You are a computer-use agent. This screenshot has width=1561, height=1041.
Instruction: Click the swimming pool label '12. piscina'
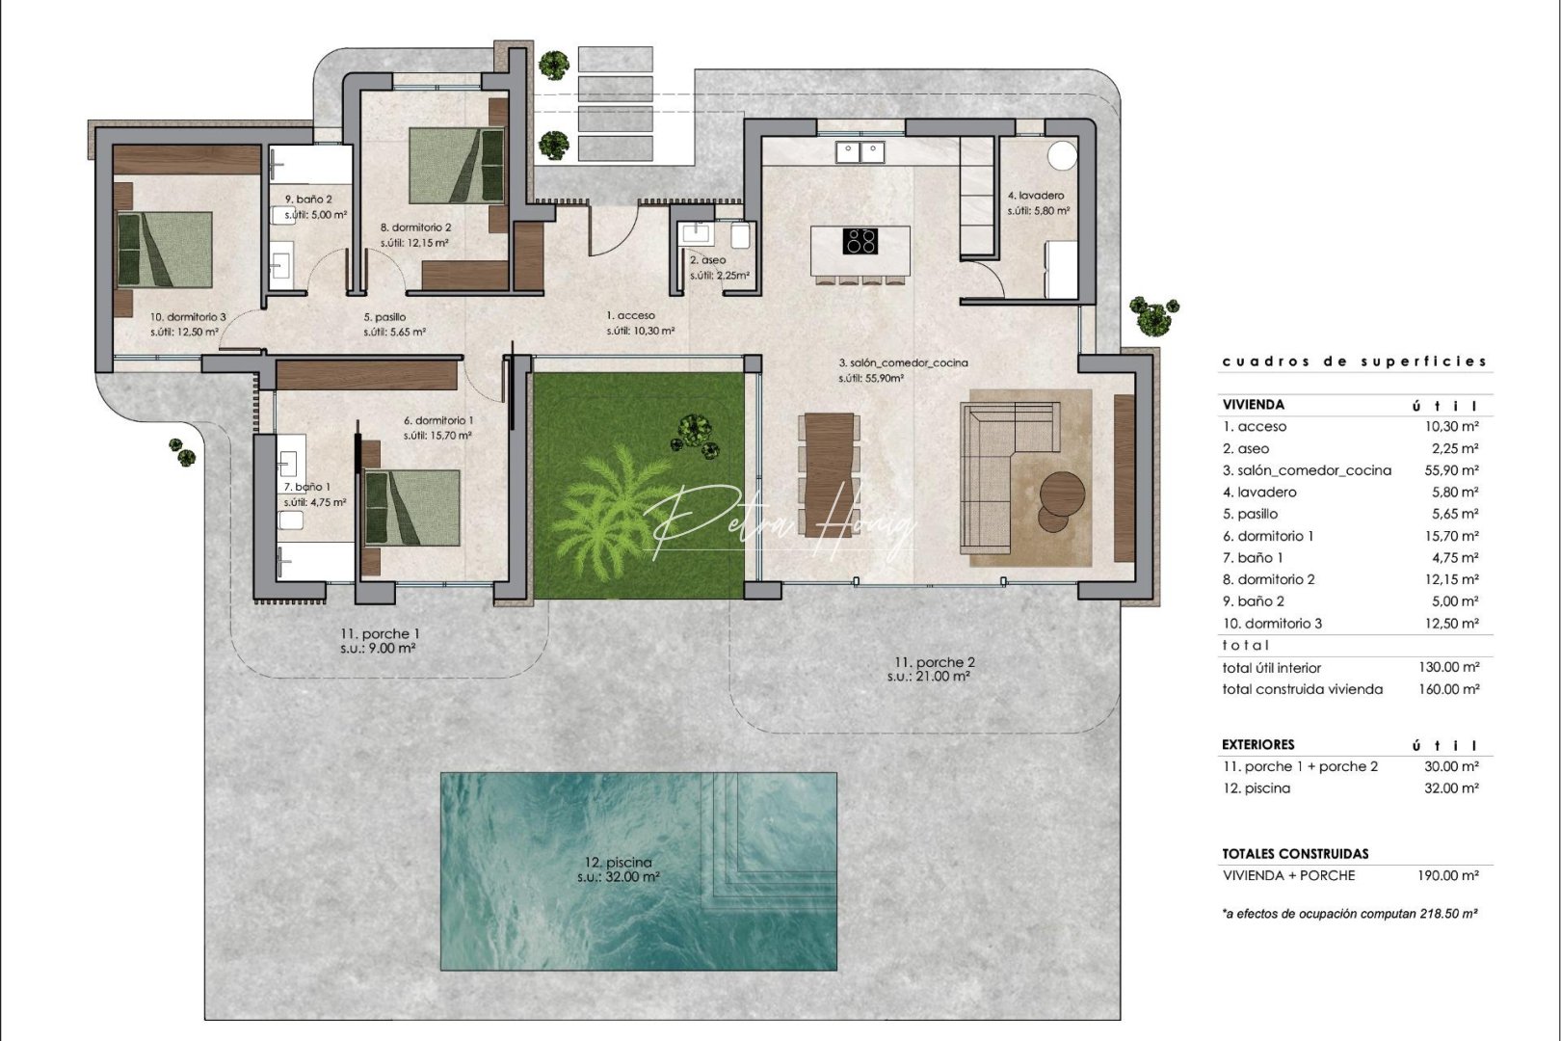tap(618, 863)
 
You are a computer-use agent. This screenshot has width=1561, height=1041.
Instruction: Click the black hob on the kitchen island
tap(860, 240)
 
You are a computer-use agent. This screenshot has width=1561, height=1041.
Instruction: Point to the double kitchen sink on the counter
tap(860, 149)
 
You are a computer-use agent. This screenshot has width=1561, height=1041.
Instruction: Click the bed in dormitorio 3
tap(164, 250)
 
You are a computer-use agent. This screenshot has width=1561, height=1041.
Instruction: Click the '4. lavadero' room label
tap(1036, 196)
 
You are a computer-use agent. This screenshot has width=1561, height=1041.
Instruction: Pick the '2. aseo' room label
tap(708, 260)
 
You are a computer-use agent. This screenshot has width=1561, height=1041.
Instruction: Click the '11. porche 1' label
tap(379, 634)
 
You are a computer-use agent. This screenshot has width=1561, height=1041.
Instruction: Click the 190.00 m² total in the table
tap(1453, 876)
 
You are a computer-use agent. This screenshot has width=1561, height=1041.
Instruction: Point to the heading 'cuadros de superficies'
tap(1354, 361)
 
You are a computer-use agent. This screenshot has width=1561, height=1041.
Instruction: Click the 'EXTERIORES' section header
tap(1257, 744)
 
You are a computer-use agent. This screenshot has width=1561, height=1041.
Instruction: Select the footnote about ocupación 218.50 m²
tap(1349, 913)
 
